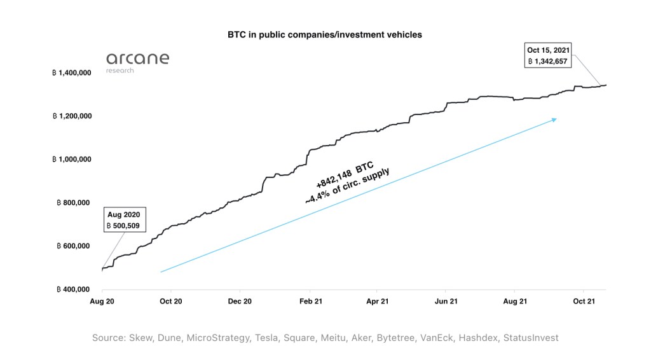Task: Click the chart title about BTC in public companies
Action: pos(325,34)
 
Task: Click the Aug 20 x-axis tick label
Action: pos(102,301)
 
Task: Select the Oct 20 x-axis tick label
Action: pos(170,301)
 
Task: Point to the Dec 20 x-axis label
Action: pos(240,301)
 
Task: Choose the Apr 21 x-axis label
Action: pos(376,301)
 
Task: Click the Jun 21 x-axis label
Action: pos(446,301)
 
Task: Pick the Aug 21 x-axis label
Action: pos(514,301)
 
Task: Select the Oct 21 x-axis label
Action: pos(583,301)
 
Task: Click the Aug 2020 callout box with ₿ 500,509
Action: pos(126,219)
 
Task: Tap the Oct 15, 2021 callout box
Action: pos(548,55)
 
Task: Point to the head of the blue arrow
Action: pos(555,119)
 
